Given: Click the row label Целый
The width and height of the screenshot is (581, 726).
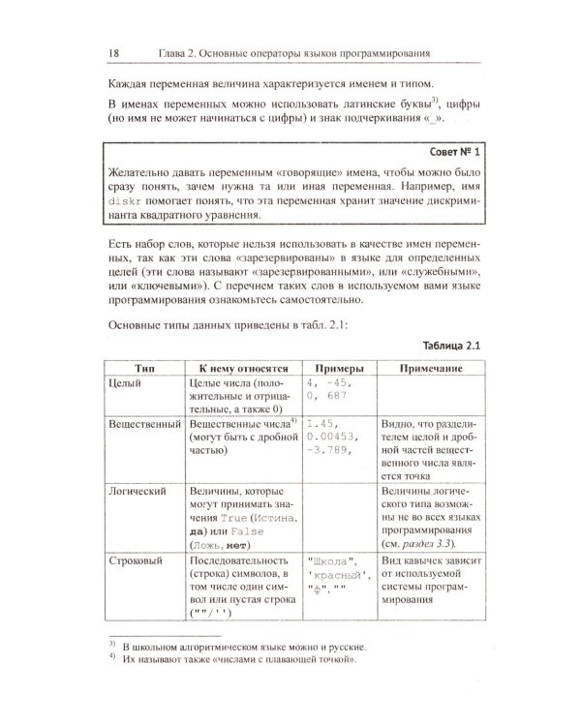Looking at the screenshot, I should coord(127,385).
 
